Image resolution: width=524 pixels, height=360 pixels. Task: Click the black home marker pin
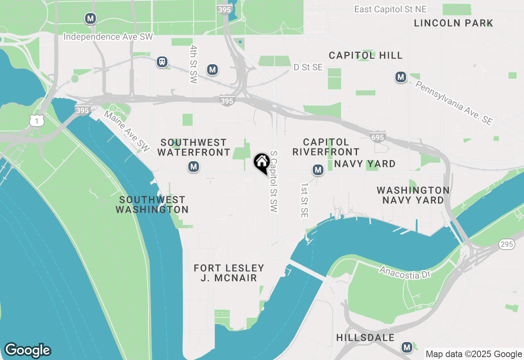click(x=262, y=162)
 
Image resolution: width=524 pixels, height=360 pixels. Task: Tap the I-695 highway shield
click(x=377, y=137)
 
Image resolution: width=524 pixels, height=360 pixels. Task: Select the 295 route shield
click(x=506, y=244)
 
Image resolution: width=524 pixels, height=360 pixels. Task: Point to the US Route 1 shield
click(x=36, y=120)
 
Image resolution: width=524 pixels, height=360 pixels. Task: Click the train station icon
click(x=163, y=62)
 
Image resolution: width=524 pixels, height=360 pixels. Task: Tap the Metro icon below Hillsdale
click(x=407, y=347)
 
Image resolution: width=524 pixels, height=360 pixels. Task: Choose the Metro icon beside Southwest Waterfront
click(x=194, y=166)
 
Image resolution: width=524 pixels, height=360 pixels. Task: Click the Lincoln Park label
click(x=453, y=23)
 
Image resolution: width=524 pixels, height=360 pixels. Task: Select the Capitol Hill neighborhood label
click(x=366, y=55)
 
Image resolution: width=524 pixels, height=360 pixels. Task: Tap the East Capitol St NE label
click(x=391, y=9)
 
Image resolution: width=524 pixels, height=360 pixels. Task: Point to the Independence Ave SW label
click(x=108, y=37)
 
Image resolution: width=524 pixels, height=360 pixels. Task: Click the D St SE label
click(x=308, y=67)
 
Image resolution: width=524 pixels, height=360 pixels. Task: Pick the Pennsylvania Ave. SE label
click(x=454, y=103)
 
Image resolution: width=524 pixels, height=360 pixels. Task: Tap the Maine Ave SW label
click(x=127, y=131)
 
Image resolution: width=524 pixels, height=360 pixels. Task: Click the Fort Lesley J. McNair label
click(x=229, y=273)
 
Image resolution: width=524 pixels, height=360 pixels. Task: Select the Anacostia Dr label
click(x=405, y=272)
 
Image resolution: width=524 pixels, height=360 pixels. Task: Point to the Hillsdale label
click(x=365, y=337)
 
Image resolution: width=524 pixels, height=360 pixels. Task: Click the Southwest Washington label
click(x=152, y=205)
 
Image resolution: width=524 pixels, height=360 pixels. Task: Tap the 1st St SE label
click(x=304, y=200)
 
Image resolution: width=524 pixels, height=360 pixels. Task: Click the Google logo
click(x=27, y=350)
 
